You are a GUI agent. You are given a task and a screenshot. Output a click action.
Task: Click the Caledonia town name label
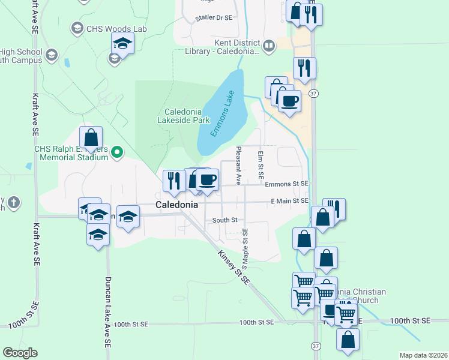[176, 205]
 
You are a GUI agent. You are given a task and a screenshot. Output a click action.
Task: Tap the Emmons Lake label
[221, 115]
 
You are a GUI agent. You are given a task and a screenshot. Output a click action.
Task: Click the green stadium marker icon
[117, 153]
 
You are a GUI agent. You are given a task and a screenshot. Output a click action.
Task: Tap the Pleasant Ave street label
[238, 166]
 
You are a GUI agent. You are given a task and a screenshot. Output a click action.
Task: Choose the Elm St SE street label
[261, 165]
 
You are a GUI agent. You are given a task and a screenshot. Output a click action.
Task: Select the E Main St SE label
[289, 201]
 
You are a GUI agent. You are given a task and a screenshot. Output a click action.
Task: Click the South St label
[225, 220]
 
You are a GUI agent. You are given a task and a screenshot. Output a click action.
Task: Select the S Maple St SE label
[245, 248]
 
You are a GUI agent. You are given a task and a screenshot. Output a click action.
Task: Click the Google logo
[20, 353]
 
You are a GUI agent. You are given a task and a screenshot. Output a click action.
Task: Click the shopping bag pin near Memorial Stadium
[91, 137]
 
